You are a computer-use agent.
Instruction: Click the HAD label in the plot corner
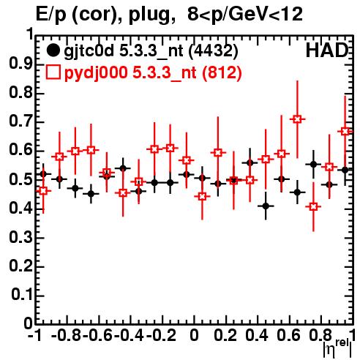tap(327, 50)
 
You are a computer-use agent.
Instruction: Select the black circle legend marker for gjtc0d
tap(53, 50)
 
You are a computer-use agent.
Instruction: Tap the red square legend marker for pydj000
tap(53, 72)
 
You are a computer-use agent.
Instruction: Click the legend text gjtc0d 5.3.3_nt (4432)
tap(151, 51)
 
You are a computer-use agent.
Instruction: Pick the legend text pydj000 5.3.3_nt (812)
tap(153, 73)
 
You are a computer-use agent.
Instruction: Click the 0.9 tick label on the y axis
tap(20, 64)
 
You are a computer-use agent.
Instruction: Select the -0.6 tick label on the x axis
tap(98, 335)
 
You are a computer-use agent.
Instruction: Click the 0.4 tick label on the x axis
tap(257, 335)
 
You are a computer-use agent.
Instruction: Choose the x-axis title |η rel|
tap(338, 349)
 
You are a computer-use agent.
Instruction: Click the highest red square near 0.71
tap(297, 119)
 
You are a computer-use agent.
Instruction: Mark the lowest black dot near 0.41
tap(266, 206)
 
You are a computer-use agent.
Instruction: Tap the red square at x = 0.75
tap(313, 207)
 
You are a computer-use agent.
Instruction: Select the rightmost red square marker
tap(345, 132)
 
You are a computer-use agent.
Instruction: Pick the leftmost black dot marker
tap(43, 174)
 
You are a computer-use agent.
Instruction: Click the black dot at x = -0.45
tap(123, 168)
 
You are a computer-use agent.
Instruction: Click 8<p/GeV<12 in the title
tap(245, 14)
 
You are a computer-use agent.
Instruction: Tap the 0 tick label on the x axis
tap(194, 335)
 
